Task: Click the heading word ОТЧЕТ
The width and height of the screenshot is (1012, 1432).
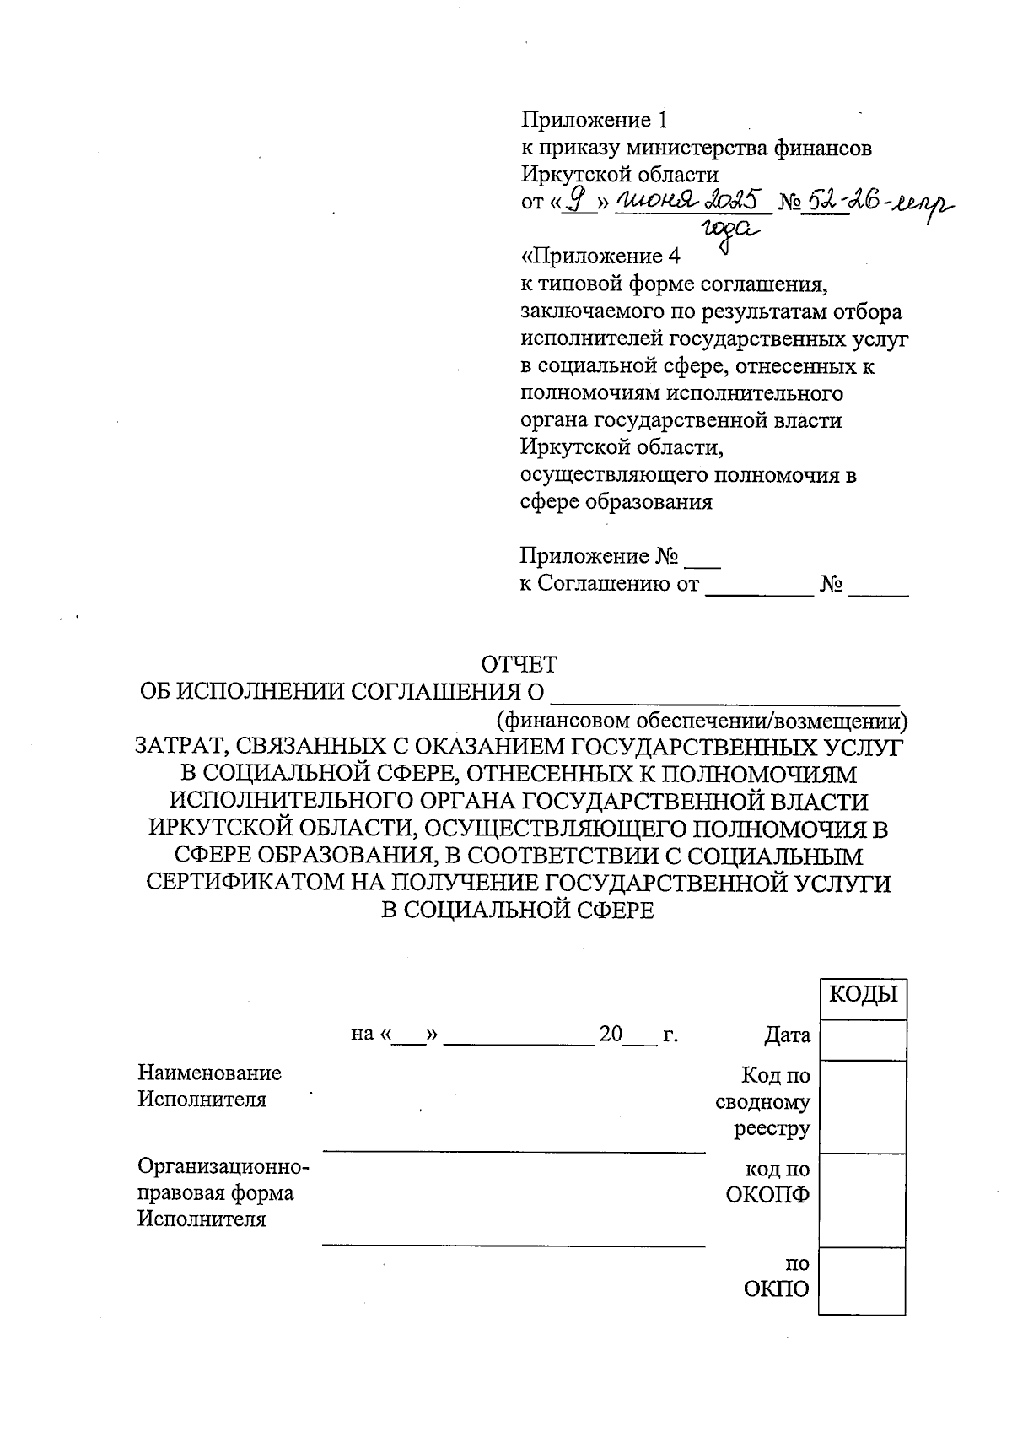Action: click(x=519, y=665)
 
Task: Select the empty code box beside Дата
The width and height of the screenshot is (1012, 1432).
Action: click(x=862, y=1040)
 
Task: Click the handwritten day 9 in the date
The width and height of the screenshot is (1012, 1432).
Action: click(x=578, y=200)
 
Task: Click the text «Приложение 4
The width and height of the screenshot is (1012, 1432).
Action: click(x=600, y=256)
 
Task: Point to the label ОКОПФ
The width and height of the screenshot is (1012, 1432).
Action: click(x=767, y=1195)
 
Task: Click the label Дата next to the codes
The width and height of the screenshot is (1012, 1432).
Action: click(x=787, y=1035)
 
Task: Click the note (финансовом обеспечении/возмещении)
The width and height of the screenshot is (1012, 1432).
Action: click(x=702, y=721)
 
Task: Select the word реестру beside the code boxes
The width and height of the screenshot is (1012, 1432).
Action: click(x=772, y=1128)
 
